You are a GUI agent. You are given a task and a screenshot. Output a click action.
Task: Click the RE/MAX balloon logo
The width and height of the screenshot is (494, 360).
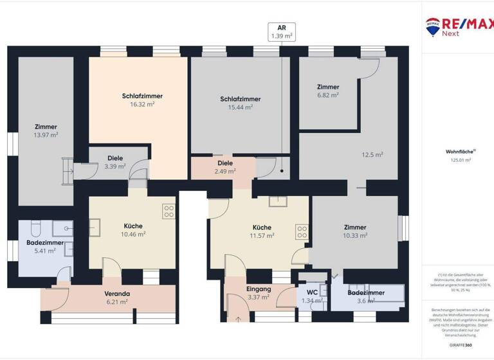coord(432,25)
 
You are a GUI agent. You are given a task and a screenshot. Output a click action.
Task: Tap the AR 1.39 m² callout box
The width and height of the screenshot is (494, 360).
coord(282,32)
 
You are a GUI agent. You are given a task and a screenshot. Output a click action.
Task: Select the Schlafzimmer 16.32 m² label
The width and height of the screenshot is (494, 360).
coord(142,100)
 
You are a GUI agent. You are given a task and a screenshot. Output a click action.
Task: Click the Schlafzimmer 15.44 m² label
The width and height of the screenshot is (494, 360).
coord(240,103)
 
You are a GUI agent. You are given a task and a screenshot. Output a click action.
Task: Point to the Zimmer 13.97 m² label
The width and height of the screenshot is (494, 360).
coord(46,130)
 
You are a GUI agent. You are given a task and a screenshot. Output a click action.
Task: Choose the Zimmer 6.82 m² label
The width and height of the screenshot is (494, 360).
coord(327,91)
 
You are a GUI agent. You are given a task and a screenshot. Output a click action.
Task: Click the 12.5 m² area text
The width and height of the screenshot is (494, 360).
coord(372,154)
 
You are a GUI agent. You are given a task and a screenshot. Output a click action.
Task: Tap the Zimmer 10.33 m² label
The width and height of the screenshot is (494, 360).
coord(354,231)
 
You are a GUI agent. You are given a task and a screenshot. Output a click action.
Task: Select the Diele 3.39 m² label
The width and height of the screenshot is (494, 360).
coord(114,162)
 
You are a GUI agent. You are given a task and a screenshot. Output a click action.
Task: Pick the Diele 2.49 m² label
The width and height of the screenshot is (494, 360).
coord(225,167)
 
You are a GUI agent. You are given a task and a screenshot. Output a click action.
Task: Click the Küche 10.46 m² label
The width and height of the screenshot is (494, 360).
coord(133,230)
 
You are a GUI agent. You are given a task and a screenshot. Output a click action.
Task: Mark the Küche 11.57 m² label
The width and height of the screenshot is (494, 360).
coord(262,231)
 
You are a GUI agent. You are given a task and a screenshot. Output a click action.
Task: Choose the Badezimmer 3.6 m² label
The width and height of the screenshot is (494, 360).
coord(366,296)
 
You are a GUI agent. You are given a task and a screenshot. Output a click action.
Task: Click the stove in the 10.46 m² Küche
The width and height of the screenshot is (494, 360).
coord(169,211)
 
